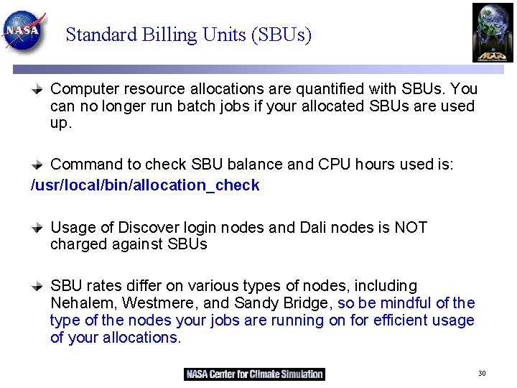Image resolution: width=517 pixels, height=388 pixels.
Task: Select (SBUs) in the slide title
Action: click(x=281, y=34)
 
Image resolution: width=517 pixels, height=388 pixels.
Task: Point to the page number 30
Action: click(x=482, y=374)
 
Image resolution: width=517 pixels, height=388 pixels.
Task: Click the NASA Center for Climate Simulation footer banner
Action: click(x=254, y=374)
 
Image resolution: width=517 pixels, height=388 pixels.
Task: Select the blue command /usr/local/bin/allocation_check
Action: click(x=145, y=185)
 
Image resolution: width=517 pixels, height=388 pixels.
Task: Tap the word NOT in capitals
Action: click(x=411, y=228)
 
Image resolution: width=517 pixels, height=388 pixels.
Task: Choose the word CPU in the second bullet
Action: click(x=335, y=165)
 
